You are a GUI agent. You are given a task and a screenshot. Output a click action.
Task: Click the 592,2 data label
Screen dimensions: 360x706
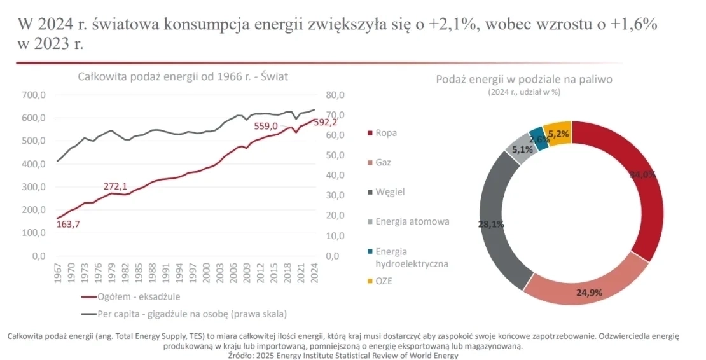point(324,123)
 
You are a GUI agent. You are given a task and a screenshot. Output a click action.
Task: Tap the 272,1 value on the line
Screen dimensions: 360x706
point(116,186)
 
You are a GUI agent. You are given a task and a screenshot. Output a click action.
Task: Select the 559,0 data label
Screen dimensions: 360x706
point(266,126)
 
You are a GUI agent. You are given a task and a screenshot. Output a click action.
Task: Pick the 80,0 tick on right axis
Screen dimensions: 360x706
point(335,95)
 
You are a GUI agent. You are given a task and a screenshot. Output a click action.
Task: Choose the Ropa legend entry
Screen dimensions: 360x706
point(385,134)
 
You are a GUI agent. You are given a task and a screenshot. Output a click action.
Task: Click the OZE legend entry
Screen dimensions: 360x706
point(384,281)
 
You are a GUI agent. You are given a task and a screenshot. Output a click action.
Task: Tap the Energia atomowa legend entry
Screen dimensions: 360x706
point(412,222)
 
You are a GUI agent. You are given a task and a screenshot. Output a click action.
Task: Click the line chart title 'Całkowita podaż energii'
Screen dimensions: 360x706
point(183,77)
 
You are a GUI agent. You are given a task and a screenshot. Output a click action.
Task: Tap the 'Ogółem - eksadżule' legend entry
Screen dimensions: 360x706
point(139,296)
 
